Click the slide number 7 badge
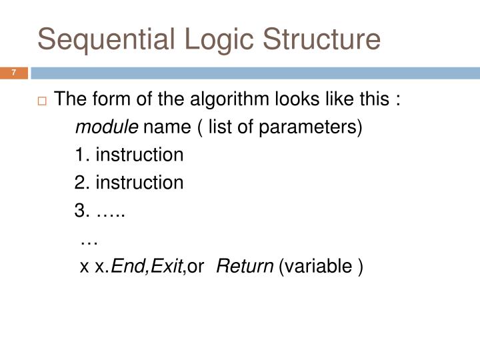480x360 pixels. (13, 72)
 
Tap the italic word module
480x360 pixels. (107, 127)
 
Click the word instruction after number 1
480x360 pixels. (139, 155)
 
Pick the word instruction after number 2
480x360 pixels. (139, 183)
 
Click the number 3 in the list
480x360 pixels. (80, 211)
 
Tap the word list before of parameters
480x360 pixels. (219, 127)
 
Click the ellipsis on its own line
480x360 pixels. (89, 239)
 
